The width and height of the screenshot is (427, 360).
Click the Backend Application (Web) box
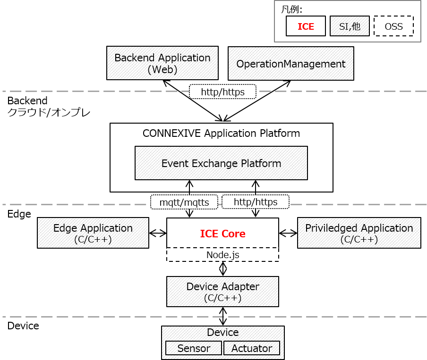162,63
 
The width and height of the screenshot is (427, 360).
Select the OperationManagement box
290,63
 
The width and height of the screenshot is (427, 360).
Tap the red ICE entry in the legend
306,26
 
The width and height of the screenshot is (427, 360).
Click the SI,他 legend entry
350,26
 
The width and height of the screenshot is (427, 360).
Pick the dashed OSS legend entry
393,26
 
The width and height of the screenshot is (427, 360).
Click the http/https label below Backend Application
222,92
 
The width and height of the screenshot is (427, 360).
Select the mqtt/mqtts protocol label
184,202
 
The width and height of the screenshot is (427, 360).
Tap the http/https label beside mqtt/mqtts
255,202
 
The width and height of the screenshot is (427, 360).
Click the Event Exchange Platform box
221,163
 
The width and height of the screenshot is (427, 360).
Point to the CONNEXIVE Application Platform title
221,133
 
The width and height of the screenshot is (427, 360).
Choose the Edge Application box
93,233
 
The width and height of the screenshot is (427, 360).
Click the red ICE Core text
222,234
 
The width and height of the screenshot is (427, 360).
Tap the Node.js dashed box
222,255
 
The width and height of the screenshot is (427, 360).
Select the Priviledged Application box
359,233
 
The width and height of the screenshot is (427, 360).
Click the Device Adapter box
222,292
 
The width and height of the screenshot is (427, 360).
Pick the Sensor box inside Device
194,348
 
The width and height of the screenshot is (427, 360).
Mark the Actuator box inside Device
251,348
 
